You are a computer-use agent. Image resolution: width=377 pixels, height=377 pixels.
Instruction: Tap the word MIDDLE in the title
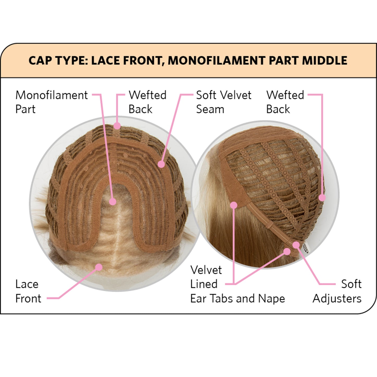(325, 61)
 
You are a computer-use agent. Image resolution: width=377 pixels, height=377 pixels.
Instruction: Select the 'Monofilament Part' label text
(51, 102)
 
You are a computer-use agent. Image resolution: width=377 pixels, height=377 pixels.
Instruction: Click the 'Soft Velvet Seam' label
(224, 102)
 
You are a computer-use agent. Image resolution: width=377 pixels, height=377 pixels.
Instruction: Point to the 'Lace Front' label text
(28, 291)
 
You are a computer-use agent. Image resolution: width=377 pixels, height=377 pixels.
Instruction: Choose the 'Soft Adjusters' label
(337, 291)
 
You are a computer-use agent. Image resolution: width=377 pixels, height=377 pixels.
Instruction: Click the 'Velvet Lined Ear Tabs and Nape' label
(237, 284)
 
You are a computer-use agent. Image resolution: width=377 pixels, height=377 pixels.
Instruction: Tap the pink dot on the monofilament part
(113, 201)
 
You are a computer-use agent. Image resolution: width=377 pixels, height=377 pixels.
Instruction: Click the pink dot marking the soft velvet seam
(161, 164)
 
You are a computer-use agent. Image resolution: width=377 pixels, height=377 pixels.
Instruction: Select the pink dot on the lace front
(99, 267)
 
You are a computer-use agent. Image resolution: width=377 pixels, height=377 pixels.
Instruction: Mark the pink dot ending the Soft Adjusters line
(296, 245)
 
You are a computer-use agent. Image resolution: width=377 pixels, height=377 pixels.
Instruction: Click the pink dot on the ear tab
(234, 205)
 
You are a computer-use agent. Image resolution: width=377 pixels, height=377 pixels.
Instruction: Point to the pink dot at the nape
(287, 252)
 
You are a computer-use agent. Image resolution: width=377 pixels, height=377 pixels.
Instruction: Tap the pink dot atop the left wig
(117, 125)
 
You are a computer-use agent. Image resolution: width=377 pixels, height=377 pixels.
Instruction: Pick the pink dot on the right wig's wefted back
(322, 198)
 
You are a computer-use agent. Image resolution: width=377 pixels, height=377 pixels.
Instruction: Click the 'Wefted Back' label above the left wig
(147, 102)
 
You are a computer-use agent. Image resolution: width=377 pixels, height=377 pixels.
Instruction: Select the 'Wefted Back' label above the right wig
(285, 102)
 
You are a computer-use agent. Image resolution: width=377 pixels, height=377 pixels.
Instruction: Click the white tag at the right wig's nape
(306, 249)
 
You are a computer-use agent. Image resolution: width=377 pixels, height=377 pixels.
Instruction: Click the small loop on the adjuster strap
(270, 225)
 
